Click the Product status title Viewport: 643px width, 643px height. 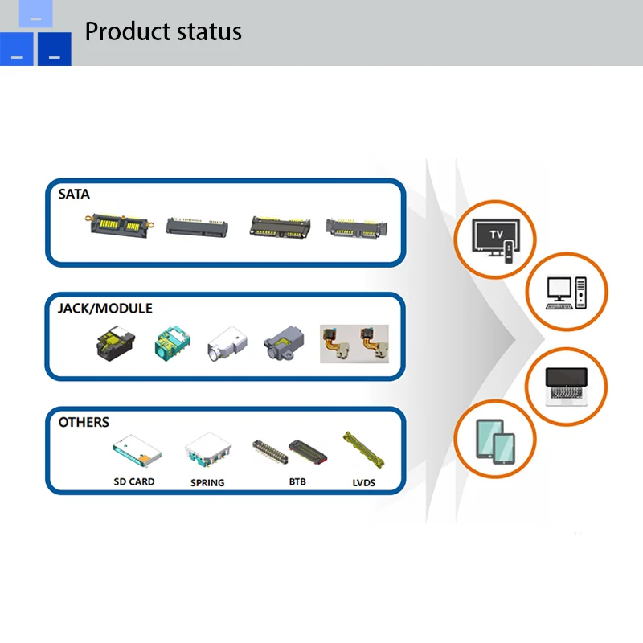[163, 31]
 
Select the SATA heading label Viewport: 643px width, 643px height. [74, 194]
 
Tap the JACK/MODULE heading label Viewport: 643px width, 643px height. [104, 309]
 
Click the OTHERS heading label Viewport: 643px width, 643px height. [84, 422]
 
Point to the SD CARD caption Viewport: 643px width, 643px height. [133, 481]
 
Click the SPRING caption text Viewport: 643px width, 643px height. [207, 483]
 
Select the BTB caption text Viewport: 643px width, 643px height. [297, 481]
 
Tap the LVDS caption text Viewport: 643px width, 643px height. [364, 483]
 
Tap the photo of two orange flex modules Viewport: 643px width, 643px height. [354, 343]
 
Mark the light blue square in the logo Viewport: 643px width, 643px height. [35, 14]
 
